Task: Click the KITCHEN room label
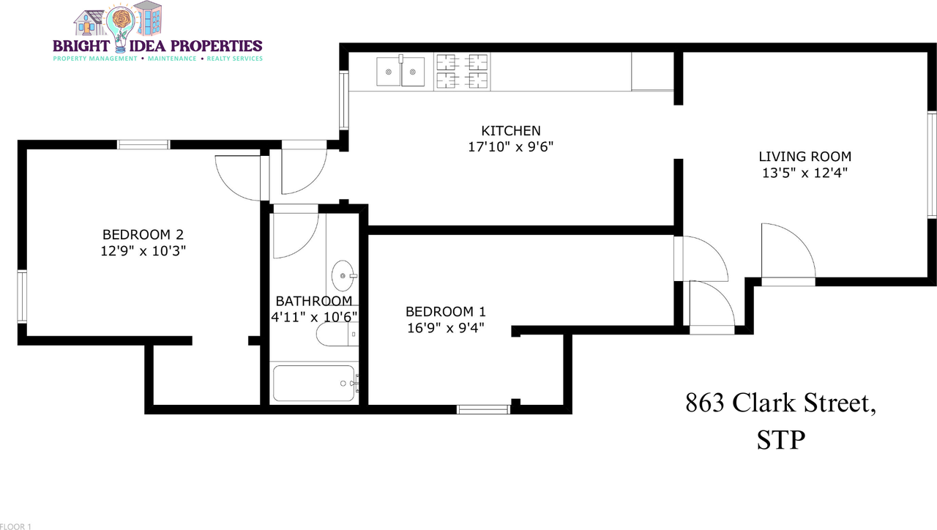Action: [510, 131]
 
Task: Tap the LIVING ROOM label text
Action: [805, 157]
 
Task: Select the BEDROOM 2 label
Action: [142, 235]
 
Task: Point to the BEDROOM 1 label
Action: [445, 310]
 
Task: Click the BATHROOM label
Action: [313, 301]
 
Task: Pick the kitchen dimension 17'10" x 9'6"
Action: [510, 147]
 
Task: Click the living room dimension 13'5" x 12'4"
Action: [805, 173]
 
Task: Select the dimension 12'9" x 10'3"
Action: [142, 251]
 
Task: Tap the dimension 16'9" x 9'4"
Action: [445, 327]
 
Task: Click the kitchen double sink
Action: [400, 71]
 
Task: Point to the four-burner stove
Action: [462, 71]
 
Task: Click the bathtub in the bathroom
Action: [314, 383]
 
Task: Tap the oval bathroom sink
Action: [343, 276]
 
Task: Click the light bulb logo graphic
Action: [120, 22]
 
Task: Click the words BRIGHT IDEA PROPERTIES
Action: [157, 45]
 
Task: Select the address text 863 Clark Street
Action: [780, 403]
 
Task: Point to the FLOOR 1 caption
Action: [16, 526]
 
